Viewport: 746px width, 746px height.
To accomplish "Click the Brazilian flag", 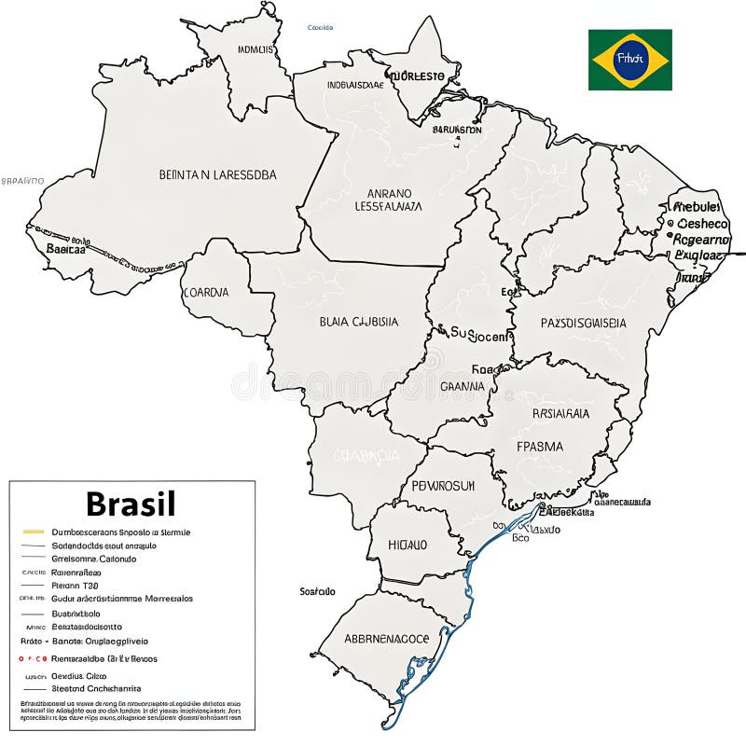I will tap(629, 60).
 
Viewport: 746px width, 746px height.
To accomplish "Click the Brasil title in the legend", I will tap(131, 504).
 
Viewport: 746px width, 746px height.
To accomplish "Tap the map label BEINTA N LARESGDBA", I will tap(217, 173).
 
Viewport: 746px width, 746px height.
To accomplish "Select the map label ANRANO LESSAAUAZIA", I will tap(389, 200).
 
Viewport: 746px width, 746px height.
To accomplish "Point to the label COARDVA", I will tap(206, 292).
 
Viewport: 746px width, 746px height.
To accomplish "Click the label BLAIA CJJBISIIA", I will tap(358, 322).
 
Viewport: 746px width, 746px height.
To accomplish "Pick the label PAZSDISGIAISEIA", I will tap(583, 323).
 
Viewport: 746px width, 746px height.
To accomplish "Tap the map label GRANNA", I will tap(462, 385).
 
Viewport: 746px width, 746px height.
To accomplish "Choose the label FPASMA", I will tap(540, 446).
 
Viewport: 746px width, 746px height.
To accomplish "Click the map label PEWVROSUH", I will tap(443, 486).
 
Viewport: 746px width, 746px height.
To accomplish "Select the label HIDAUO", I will tap(408, 545).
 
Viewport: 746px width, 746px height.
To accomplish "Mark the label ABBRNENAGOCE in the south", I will tap(387, 639).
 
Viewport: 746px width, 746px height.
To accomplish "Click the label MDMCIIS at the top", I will tap(256, 49).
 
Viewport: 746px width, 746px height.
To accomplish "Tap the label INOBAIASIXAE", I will tap(355, 84).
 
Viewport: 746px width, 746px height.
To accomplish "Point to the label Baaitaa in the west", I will tap(66, 249).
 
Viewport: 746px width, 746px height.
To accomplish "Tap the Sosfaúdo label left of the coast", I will tap(317, 591).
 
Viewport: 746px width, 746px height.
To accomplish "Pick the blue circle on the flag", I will tap(629, 60).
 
